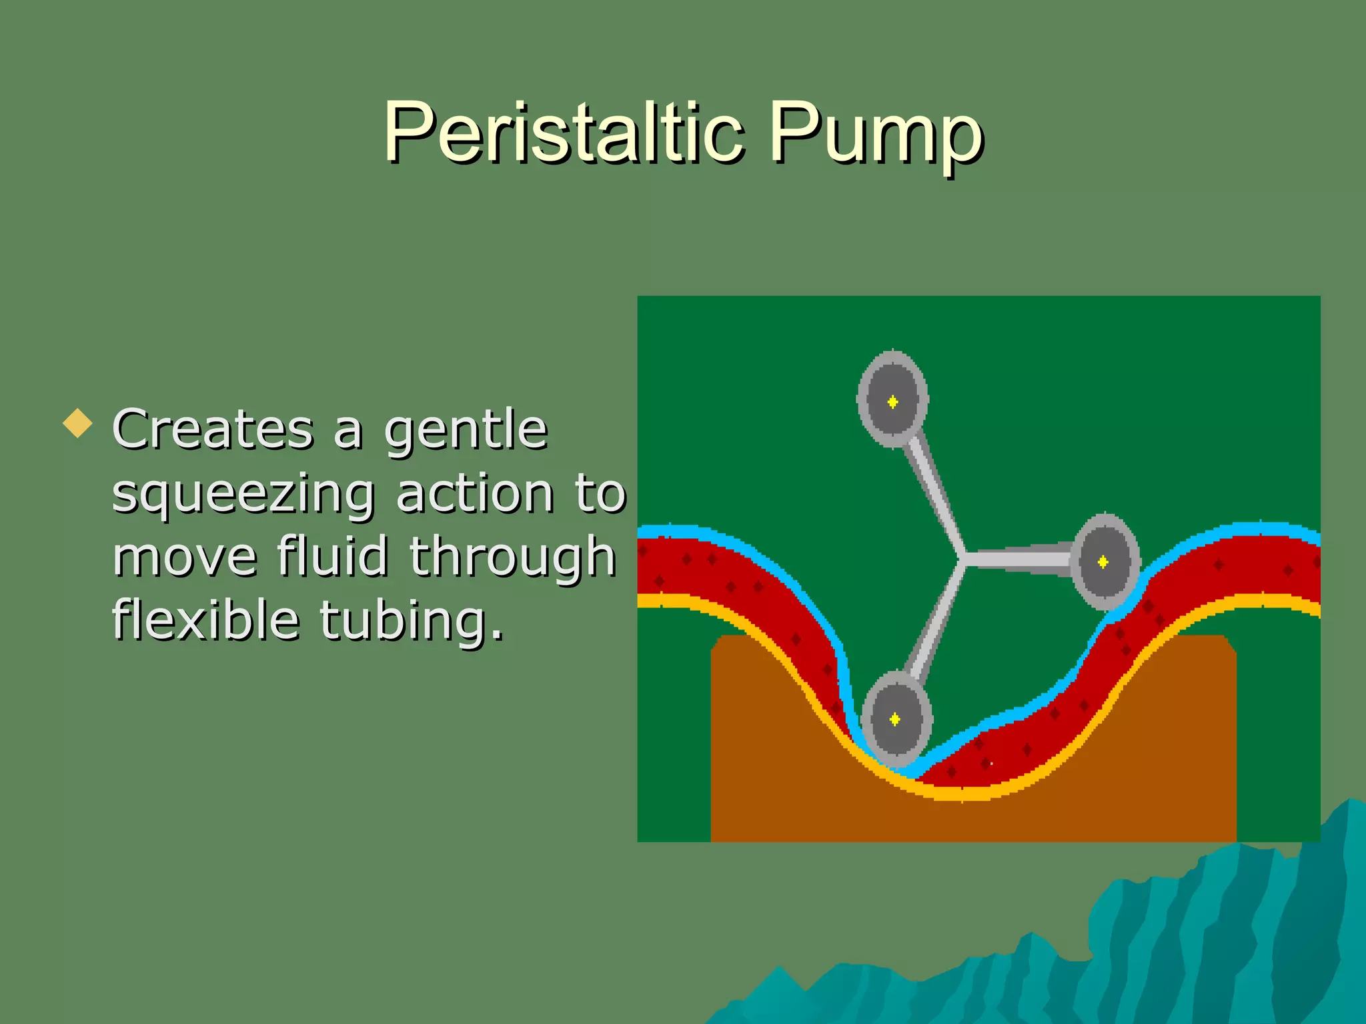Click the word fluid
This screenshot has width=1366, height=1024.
[x=332, y=556]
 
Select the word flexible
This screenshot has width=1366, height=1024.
[x=205, y=620]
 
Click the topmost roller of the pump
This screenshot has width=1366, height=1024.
[x=892, y=399]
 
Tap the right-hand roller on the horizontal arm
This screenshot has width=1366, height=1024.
[x=1104, y=561]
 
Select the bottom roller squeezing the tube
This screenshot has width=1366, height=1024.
[x=895, y=719]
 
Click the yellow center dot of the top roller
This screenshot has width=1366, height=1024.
[x=892, y=401]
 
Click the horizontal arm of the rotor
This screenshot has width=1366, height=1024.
[x=1017, y=559]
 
